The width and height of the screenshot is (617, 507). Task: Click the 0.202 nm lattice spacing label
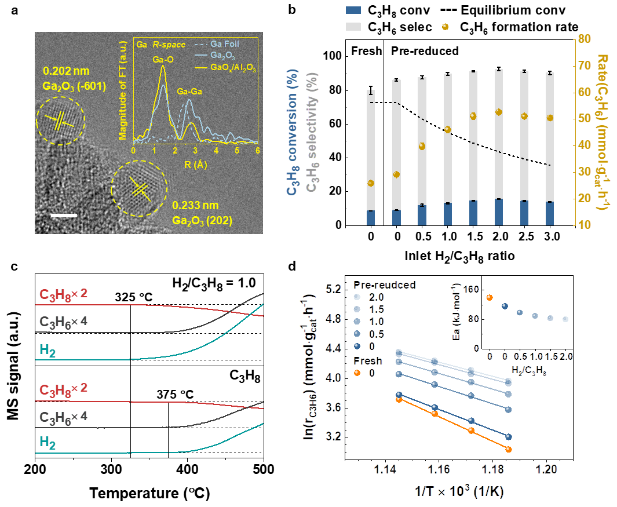point(67,72)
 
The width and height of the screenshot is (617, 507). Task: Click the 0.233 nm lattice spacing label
point(195,205)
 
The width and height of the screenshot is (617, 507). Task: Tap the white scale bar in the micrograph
point(64,216)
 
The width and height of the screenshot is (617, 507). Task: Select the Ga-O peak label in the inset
point(163,59)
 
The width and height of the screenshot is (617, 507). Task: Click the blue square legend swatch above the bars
point(353,10)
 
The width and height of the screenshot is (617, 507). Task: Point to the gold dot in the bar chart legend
point(445,27)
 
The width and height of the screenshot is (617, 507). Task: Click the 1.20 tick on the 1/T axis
point(547,468)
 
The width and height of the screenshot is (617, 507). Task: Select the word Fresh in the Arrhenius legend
point(368,361)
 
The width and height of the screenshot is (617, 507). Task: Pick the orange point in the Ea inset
point(490,297)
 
